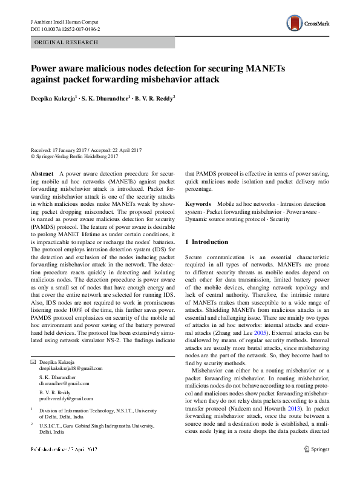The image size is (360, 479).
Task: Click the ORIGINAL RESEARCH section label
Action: pos(66,42)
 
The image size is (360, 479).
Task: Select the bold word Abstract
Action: pos(41,174)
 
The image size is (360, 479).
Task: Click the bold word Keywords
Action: pos(198,205)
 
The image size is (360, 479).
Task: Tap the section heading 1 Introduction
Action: pos(206,242)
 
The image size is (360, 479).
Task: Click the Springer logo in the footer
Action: pos(316,466)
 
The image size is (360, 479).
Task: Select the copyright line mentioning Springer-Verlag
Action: pos(74,156)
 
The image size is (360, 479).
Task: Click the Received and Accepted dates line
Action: pos(86,150)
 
